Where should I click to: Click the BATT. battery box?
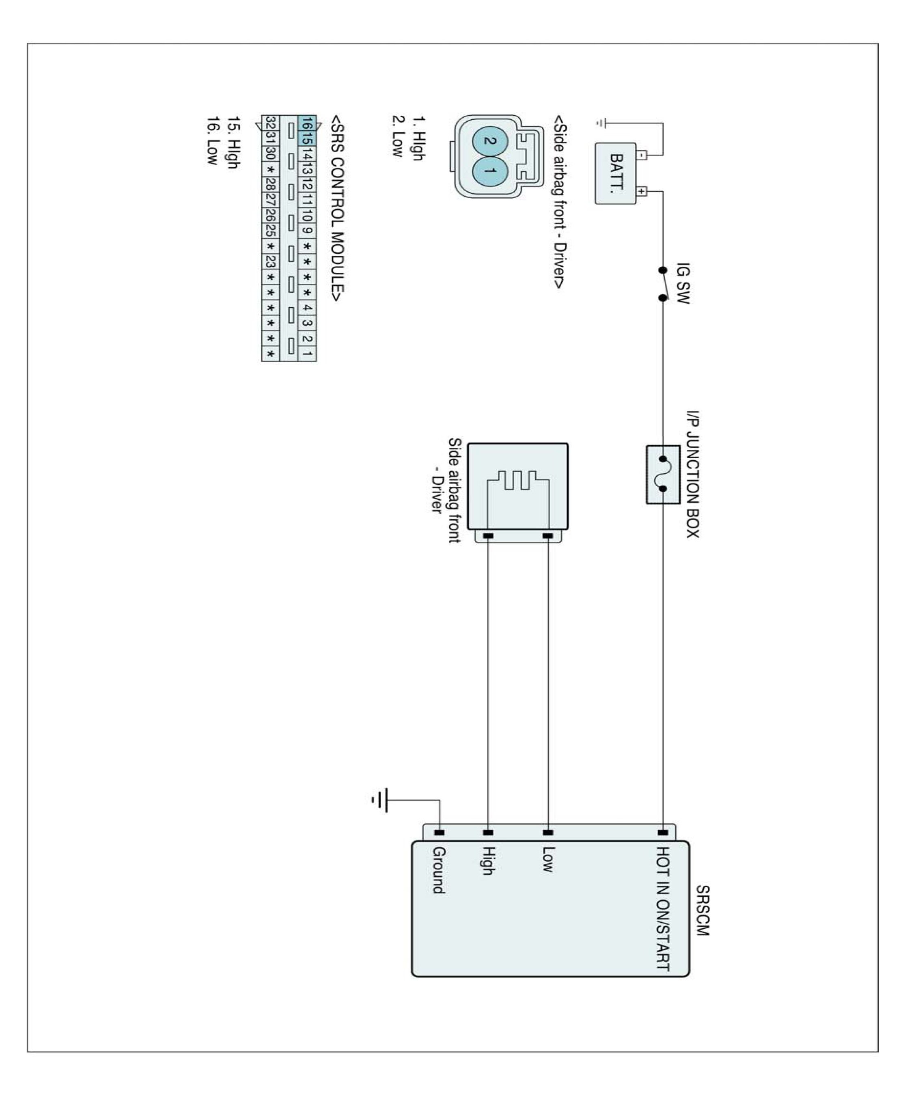[615, 174]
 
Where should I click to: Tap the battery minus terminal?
[642, 155]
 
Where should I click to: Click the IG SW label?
[683, 283]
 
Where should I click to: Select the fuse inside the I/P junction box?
[663, 474]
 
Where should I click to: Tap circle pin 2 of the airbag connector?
[489, 140]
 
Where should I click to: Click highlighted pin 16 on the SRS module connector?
[307, 123]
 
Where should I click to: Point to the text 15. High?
[233, 142]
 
